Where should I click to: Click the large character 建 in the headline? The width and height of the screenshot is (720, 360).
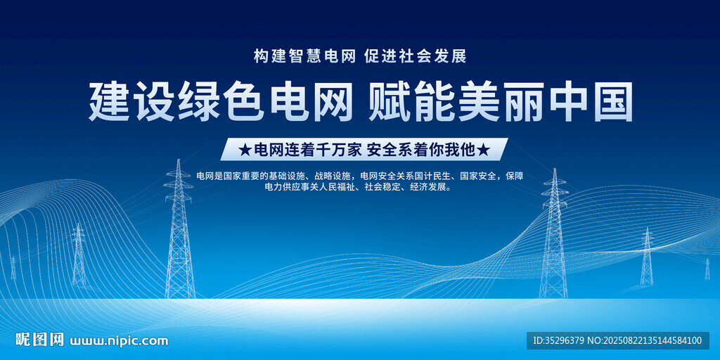(109, 101)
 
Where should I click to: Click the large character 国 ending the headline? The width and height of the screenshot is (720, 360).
(613, 101)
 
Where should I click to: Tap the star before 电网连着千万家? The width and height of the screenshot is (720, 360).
(246, 150)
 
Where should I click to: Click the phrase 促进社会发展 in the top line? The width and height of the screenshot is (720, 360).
(416, 56)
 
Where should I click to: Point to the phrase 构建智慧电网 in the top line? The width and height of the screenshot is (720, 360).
(305, 56)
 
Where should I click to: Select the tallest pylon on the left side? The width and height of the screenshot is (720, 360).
(179, 229)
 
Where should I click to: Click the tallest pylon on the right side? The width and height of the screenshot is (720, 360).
(554, 233)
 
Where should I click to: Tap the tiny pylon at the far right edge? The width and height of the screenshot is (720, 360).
(707, 269)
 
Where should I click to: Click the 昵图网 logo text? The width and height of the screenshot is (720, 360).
(40, 340)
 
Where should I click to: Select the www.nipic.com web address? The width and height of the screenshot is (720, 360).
(118, 341)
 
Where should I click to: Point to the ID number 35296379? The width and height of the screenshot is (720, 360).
(565, 341)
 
